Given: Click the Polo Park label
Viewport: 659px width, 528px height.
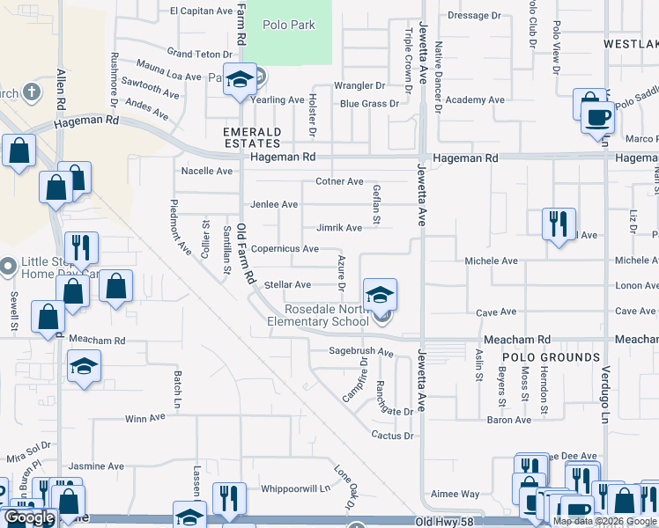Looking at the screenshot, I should pyautogui.click(x=289, y=25).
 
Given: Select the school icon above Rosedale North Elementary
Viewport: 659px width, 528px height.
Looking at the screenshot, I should pyautogui.click(x=380, y=294).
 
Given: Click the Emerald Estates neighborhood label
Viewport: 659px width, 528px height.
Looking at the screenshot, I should pyautogui.click(x=252, y=137).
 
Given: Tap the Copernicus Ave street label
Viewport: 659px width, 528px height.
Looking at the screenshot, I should pyautogui.click(x=285, y=249).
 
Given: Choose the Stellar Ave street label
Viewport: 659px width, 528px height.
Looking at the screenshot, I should pyautogui.click(x=288, y=285).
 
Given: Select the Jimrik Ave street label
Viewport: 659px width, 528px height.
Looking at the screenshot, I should pyautogui.click(x=339, y=228).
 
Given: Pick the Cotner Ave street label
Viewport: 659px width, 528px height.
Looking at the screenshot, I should pyautogui.click(x=339, y=182).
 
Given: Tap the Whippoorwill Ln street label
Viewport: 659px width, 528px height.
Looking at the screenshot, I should pyautogui.click(x=294, y=488).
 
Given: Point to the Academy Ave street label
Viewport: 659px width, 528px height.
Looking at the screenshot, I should pyautogui.click(x=475, y=100).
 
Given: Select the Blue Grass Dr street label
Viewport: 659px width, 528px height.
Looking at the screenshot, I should pyautogui.click(x=369, y=104).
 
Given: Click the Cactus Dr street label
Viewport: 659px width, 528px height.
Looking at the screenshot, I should pyautogui.click(x=392, y=436).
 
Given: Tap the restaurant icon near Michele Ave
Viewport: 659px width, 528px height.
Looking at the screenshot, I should pyautogui.click(x=559, y=224).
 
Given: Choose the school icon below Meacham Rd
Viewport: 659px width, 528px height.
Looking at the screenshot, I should pyautogui.click(x=84, y=365).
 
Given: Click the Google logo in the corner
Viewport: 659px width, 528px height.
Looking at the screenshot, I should pyautogui.click(x=29, y=517).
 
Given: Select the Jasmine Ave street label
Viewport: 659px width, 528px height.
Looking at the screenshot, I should pyautogui.click(x=97, y=466).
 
